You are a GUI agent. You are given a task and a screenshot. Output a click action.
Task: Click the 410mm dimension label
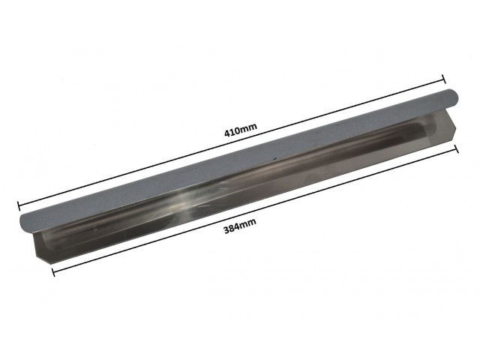tap(241, 130)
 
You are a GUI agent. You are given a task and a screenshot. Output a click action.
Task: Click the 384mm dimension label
tap(240, 226)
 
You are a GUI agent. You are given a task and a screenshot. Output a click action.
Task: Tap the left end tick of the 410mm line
tap(19, 206)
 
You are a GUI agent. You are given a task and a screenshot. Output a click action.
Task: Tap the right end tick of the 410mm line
tap(443, 79)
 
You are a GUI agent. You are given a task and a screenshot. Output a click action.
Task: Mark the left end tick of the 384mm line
tap(53, 271)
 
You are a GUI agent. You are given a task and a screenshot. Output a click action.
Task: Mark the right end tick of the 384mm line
tap(457, 149)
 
